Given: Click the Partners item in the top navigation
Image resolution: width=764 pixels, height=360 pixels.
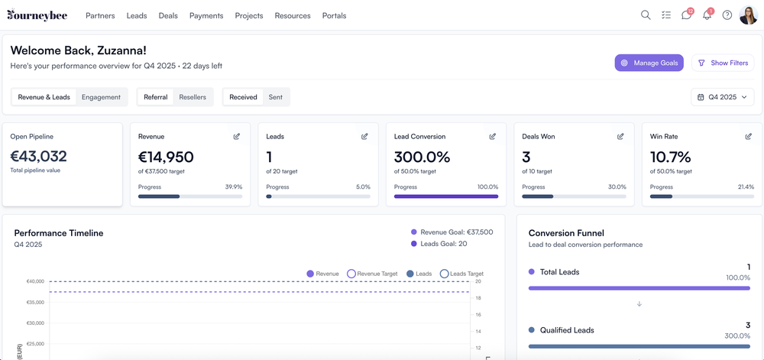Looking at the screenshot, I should (100, 15).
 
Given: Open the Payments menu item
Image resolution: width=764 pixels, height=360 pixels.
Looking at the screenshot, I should (206, 15).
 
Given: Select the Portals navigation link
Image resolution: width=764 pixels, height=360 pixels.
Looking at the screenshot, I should (334, 15).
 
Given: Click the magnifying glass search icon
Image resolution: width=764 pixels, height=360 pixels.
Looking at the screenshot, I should (646, 15).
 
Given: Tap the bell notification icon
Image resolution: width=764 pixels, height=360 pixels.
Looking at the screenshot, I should (707, 15).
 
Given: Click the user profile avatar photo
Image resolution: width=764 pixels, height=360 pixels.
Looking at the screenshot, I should (748, 15).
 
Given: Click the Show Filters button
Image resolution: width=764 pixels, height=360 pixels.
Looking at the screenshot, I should (723, 63).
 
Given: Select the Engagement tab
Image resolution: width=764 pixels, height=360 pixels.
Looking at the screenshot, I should (101, 97).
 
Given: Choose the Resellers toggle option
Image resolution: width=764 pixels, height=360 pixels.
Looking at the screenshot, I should (193, 97).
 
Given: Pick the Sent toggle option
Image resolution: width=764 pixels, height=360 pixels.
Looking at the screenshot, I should (275, 97).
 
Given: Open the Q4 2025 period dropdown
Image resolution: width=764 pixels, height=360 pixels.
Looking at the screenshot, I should (722, 97).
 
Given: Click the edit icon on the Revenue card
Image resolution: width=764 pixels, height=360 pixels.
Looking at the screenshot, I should (237, 137).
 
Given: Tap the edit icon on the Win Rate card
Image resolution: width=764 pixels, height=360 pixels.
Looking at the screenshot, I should (748, 137).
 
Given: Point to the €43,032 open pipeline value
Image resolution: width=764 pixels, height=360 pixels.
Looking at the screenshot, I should (38, 157).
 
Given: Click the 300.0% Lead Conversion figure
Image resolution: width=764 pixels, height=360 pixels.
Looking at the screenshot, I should (422, 157).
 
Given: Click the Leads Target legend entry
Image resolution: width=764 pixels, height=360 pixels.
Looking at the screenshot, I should (461, 274).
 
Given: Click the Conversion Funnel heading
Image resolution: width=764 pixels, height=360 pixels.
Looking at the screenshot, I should (566, 233).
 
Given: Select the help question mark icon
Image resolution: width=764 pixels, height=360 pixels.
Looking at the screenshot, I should (727, 15).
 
